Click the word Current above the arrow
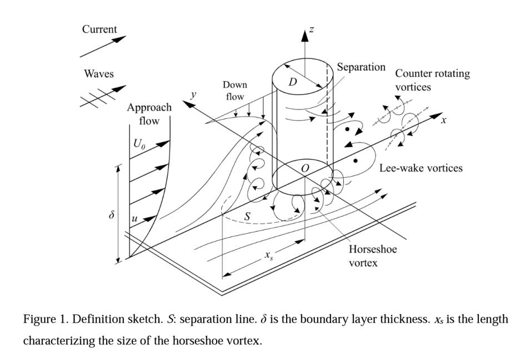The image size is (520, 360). [101, 29]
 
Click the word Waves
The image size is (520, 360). [99, 74]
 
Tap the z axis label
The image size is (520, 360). [312, 29]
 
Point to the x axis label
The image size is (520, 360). [443, 119]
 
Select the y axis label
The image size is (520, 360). [193, 94]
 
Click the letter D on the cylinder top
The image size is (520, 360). [293, 82]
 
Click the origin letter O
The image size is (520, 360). [304, 168]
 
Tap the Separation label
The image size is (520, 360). [361, 67]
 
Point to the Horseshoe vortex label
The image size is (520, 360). [373, 256]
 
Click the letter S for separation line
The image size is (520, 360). [247, 217]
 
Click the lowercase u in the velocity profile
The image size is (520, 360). [134, 219]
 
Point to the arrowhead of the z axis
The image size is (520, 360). [304, 34]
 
